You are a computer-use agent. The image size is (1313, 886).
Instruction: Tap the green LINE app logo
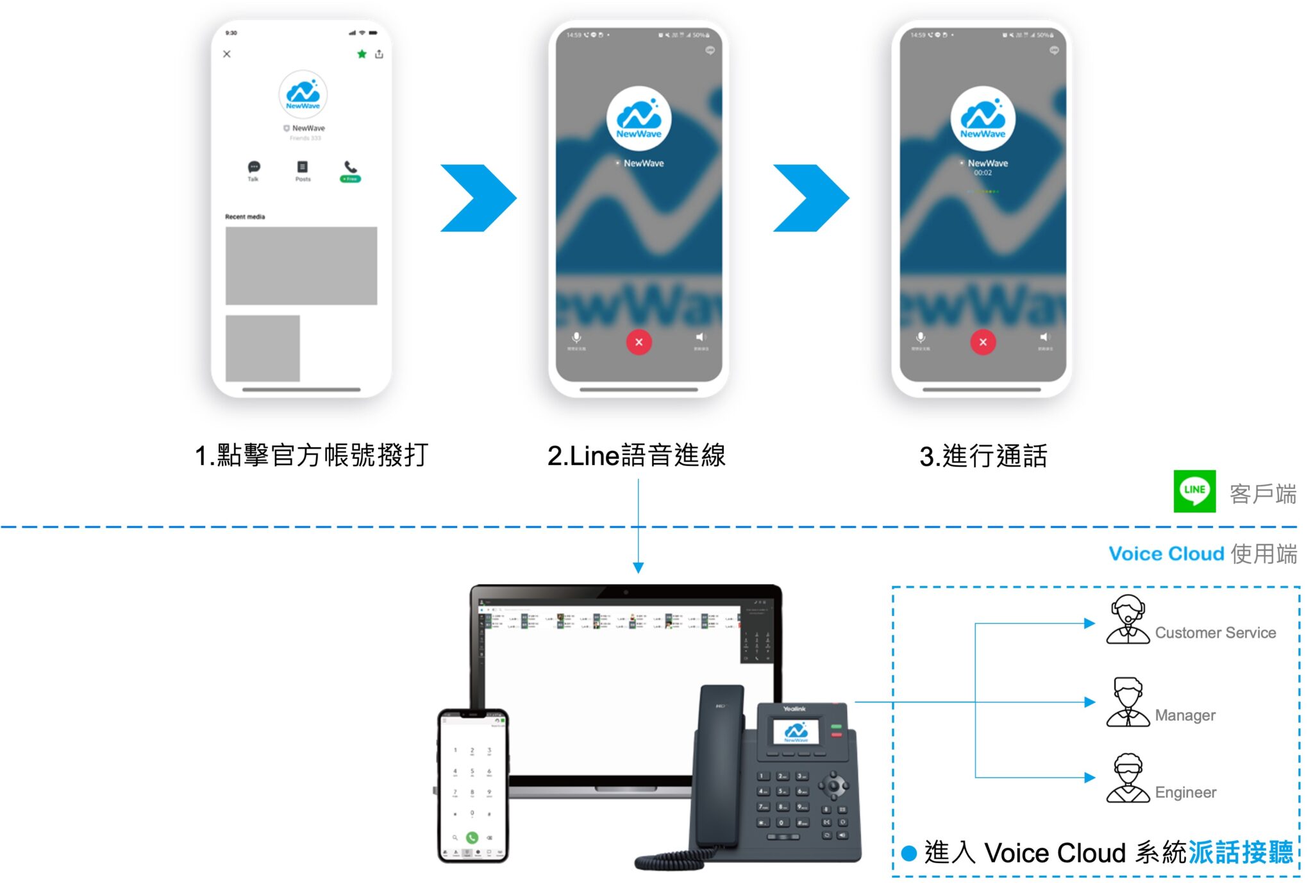1194,491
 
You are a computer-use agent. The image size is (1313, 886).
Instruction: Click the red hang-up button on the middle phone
639,342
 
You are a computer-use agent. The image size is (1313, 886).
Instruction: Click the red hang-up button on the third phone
982,342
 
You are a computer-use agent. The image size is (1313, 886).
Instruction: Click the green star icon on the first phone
362,54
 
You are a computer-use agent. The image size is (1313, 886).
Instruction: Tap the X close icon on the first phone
227,54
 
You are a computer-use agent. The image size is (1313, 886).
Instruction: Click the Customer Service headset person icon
1128,620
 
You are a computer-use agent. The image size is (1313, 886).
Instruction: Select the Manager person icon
1128,703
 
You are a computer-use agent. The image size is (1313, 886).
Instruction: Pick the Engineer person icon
1128,778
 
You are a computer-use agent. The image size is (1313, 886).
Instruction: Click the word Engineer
1185,792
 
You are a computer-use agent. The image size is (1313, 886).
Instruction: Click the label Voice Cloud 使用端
1203,554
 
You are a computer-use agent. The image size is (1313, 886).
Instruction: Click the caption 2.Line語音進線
637,456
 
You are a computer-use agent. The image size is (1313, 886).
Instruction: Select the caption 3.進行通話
983,456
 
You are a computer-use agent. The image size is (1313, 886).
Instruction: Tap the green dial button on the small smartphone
472,837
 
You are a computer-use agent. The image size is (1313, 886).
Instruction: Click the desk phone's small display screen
796,731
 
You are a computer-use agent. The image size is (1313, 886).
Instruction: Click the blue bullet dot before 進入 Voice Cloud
908,853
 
